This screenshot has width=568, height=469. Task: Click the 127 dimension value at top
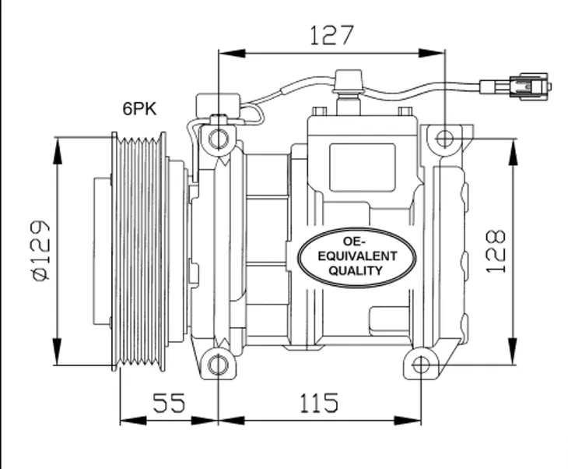pyautogui.click(x=331, y=35)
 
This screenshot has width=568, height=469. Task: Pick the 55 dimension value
pyautogui.click(x=168, y=403)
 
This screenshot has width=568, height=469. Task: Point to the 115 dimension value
pyautogui.click(x=319, y=403)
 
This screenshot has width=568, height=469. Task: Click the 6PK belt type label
pyautogui.click(x=139, y=109)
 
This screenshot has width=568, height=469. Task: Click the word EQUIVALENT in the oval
pyautogui.click(x=357, y=256)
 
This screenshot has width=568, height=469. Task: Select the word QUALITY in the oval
pyautogui.click(x=356, y=271)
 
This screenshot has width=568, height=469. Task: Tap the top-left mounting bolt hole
pyautogui.click(x=219, y=139)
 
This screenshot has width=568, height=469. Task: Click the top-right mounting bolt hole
pyautogui.click(x=444, y=139)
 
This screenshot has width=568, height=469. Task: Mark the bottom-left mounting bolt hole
pyautogui.click(x=219, y=364)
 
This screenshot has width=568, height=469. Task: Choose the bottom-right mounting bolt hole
pyautogui.click(x=421, y=364)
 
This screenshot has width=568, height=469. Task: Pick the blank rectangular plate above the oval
pyautogui.click(x=362, y=167)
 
